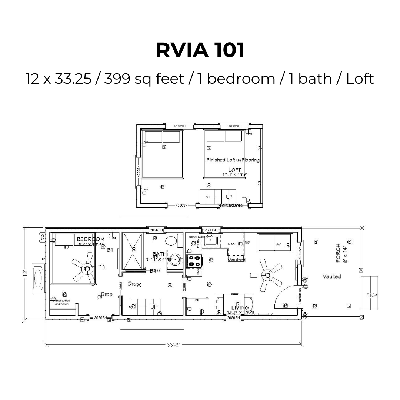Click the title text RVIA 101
pyautogui.click(x=200, y=50)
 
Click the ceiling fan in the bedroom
pyautogui.click(x=87, y=269)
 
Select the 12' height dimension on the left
pyautogui.click(x=25, y=273)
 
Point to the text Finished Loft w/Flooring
pyautogui.click(x=233, y=160)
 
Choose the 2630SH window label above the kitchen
pyautogui.click(x=211, y=230)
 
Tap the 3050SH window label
pyautogui.click(x=100, y=318)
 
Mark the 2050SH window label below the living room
pyautogui.click(x=233, y=318)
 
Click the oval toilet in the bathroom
pyautogui.click(x=171, y=241)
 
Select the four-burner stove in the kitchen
pyautogui.click(x=195, y=261)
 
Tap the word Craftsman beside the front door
pyautogui.click(x=300, y=296)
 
